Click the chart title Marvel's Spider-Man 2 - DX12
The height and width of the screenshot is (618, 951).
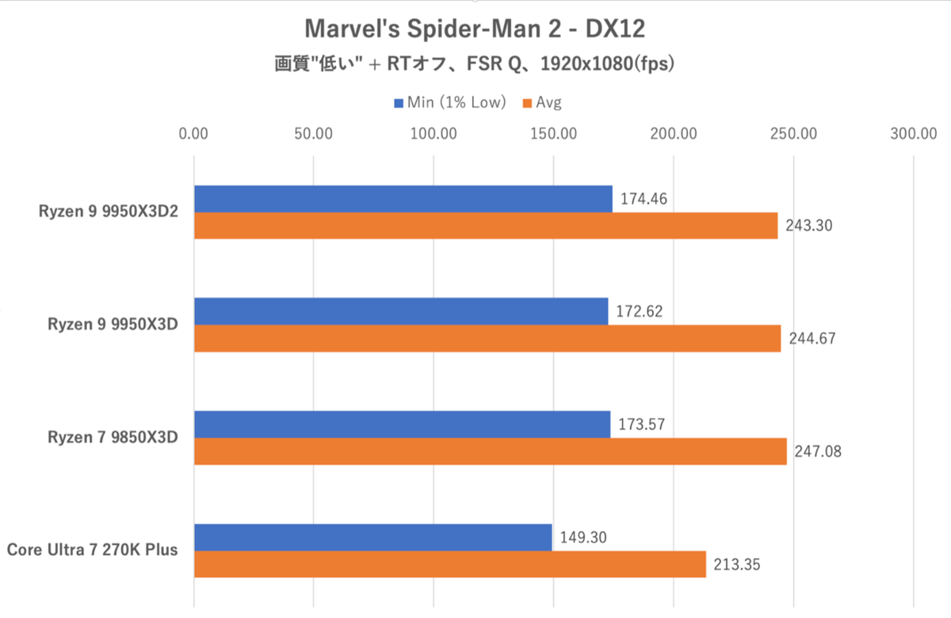tap(475, 29)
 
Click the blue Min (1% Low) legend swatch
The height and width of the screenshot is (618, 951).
tap(398, 102)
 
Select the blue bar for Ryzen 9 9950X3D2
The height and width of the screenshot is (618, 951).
tap(403, 199)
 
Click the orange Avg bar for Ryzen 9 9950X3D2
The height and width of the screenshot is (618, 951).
tap(486, 226)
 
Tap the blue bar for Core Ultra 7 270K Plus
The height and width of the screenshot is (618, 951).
tap(372, 537)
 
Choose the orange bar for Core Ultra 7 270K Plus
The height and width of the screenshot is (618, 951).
tap(449, 564)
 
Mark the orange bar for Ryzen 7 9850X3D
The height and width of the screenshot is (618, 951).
tap(490, 451)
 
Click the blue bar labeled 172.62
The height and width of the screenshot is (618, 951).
tap(400, 312)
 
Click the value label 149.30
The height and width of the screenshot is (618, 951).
tap(583, 537)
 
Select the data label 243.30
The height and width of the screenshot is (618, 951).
tap(808, 226)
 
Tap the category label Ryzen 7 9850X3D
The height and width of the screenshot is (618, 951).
tap(107, 437)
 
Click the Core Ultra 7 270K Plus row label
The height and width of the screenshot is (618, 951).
tap(92, 550)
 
